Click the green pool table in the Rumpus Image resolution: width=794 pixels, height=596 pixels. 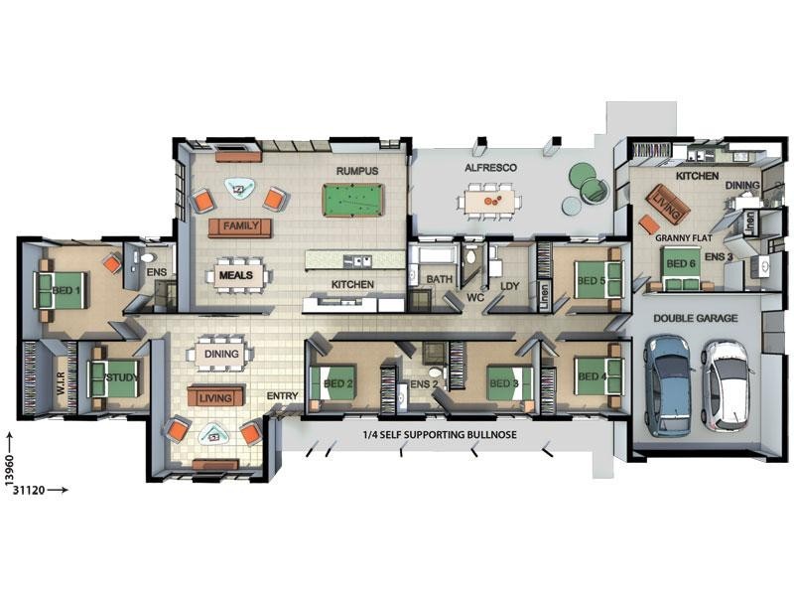[353, 201]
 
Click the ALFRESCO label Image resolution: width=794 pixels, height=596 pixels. [490, 168]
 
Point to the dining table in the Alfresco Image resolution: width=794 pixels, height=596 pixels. [489, 201]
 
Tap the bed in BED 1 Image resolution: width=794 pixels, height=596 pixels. [60, 290]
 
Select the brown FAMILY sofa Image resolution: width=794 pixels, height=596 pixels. [240, 227]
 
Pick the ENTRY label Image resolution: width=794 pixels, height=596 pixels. [282, 395]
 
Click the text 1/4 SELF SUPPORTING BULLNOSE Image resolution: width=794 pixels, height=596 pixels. [440, 435]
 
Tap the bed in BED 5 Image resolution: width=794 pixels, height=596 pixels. [597, 280]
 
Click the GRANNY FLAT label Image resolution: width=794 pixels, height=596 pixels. [683, 237]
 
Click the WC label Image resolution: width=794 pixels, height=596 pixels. [475, 297]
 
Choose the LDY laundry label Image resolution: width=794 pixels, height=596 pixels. [509, 286]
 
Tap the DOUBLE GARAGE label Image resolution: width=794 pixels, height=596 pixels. [696, 318]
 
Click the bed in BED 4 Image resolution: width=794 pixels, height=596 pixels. [597, 376]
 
